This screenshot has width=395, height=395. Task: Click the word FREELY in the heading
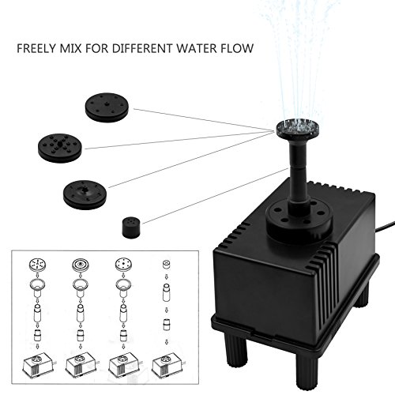[x=36, y=48]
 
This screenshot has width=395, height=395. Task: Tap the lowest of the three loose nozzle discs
[x=85, y=191]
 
